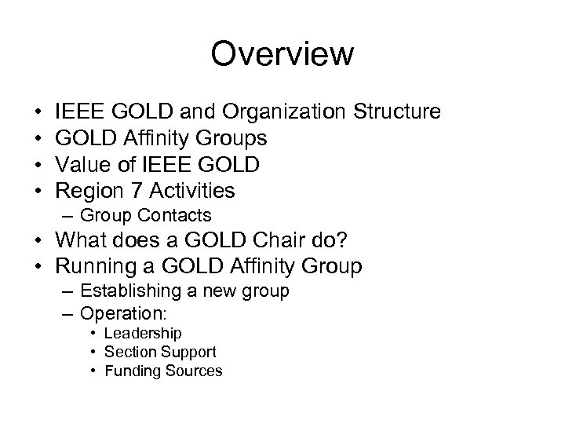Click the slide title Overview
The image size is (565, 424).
click(282, 54)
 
